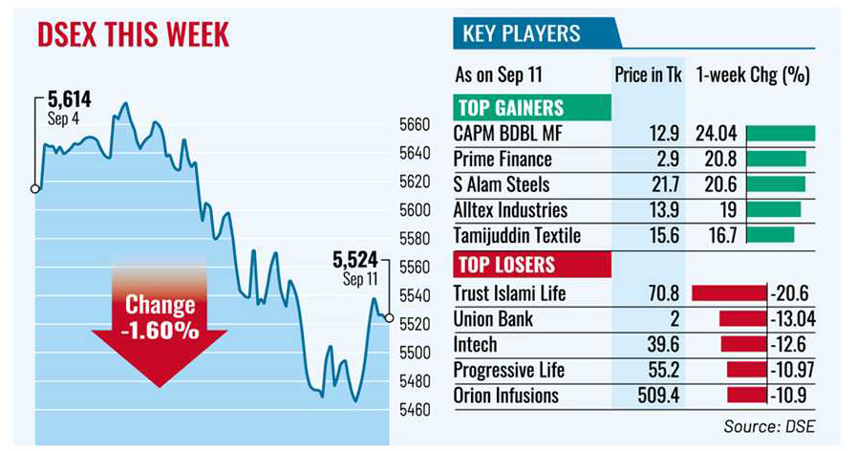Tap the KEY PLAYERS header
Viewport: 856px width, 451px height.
(521, 34)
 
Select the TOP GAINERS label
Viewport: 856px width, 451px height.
(510, 108)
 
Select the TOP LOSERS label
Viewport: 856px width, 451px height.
(506, 265)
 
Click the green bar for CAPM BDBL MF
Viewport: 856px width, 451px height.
(781, 134)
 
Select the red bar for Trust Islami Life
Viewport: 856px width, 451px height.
(729, 293)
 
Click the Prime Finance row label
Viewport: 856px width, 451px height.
(503, 159)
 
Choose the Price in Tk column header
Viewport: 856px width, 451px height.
(647, 75)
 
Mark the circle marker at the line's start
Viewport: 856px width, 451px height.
(35, 189)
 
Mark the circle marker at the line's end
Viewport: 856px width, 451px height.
(389, 318)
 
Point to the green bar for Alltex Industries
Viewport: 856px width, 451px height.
(773, 210)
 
